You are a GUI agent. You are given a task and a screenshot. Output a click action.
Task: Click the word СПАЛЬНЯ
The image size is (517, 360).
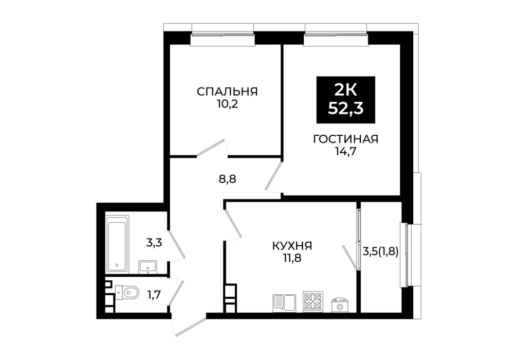[x=227, y=92]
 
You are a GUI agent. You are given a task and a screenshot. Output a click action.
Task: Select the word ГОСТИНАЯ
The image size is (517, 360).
[x=345, y=139]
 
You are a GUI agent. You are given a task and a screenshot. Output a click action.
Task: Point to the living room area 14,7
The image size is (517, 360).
[x=345, y=152]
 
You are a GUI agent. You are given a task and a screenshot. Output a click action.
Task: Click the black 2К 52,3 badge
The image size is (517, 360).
[x=345, y=100]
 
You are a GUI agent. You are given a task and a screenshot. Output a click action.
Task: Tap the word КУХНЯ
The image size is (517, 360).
[x=292, y=246]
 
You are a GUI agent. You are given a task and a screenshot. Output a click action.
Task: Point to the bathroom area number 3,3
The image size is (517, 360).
[x=155, y=243]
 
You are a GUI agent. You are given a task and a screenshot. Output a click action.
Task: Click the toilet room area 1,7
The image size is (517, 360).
[x=154, y=295]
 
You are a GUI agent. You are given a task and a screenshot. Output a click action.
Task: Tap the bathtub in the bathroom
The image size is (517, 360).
[x=117, y=244]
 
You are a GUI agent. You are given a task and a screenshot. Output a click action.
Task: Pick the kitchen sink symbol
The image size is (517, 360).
[x=285, y=303]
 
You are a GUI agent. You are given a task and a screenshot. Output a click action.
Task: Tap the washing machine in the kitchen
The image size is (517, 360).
[x=340, y=305]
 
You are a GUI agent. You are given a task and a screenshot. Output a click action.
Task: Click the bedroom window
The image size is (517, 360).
[x=223, y=34]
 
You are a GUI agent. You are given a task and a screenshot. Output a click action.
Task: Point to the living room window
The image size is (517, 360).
[x=336, y=34]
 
